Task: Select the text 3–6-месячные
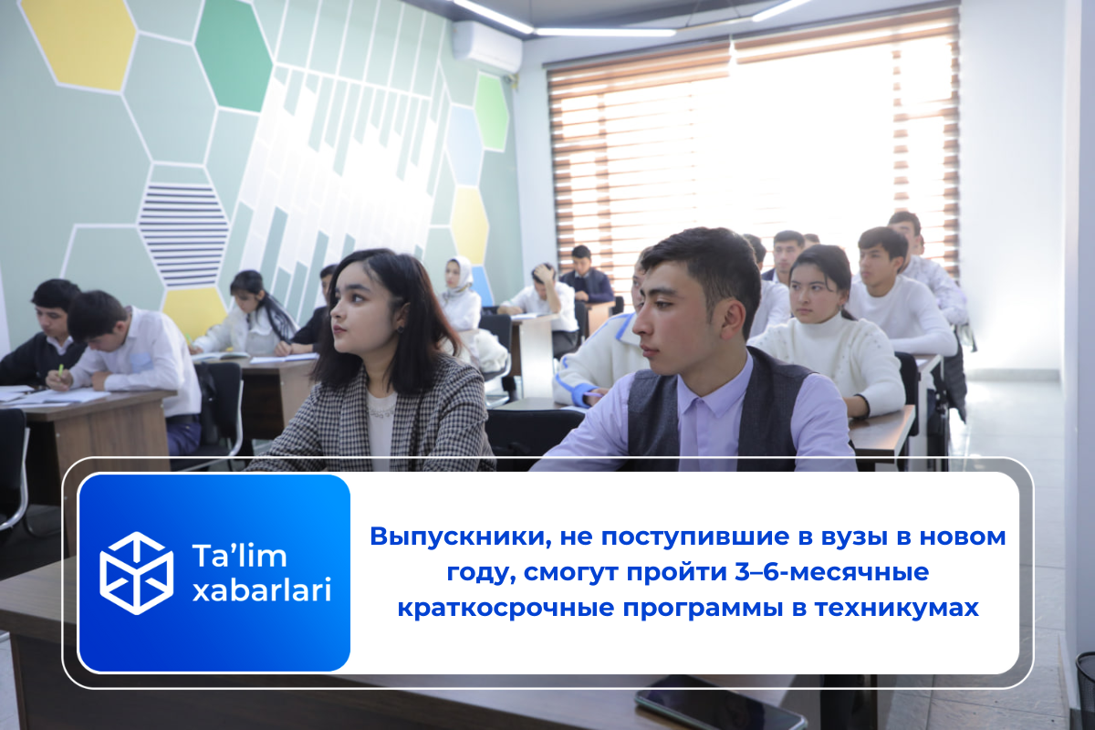832,572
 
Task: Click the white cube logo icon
136,573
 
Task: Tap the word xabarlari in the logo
262,590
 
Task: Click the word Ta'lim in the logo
239,556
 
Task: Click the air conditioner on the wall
486,46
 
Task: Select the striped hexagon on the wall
183,235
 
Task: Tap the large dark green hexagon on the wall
234,55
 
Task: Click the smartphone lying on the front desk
720,704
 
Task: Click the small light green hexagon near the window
492,112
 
